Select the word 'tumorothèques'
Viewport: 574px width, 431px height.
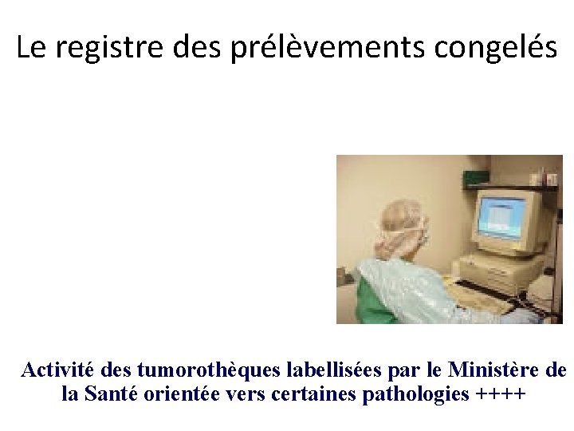point(185,370)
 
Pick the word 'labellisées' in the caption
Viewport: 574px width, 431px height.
point(309,370)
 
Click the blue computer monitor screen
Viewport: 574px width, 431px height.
point(500,216)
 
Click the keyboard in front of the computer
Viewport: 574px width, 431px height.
point(478,297)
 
